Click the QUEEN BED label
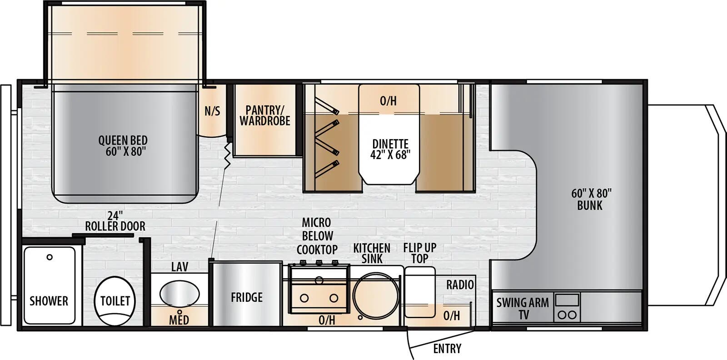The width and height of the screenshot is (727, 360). [123, 146]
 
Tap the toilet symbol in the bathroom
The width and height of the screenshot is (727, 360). [115, 301]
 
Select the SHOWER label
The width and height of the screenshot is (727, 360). [49, 301]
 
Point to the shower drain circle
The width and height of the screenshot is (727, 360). [50, 257]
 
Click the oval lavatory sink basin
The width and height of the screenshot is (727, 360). [179, 293]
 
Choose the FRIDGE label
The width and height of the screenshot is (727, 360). [246, 298]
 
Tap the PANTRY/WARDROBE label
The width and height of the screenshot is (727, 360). [264, 115]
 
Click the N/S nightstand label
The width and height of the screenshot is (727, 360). [212, 111]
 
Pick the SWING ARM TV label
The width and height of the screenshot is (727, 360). [523, 308]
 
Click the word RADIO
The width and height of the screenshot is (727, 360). [460, 285]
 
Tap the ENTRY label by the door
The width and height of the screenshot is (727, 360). [447, 349]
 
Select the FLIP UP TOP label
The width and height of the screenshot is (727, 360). [419, 253]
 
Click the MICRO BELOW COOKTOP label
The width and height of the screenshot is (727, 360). [317, 236]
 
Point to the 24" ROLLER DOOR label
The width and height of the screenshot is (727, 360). [115, 220]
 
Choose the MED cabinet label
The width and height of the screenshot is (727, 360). [179, 320]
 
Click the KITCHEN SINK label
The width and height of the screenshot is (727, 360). [372, 253]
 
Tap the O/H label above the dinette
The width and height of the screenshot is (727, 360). [388, 101]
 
